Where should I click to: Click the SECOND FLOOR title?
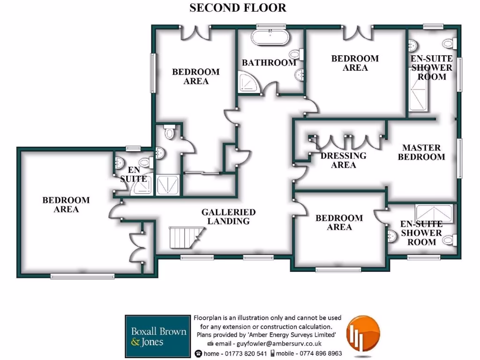(238, 8)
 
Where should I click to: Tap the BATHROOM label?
(269, 62)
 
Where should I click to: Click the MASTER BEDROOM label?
(421, 152)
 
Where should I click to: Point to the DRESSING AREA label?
(343, 160)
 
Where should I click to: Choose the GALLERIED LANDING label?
(228, 216)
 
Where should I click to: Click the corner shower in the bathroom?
(247, 82)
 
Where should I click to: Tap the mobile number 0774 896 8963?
(318, 353)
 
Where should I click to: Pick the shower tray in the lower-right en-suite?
(434, 213)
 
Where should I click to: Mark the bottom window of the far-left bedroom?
(75, 277)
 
